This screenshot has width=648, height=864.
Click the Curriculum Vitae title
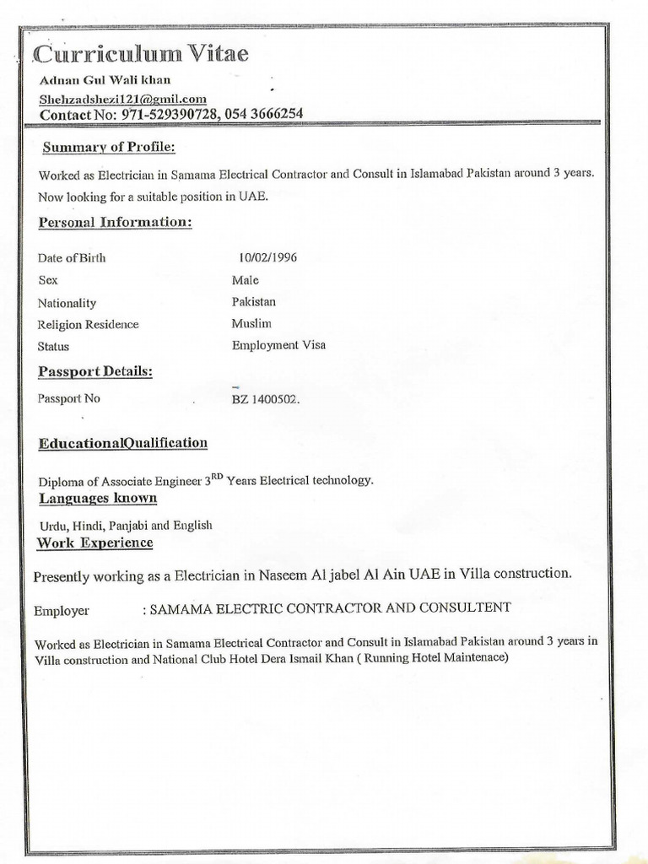click(142, 55)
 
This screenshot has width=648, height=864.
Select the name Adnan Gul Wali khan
click(105, 80)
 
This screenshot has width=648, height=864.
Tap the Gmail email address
click(122, 99)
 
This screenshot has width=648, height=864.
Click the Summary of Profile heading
click(109, 148)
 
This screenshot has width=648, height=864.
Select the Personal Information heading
click(115, 223)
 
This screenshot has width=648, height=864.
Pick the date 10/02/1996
click(268, 257)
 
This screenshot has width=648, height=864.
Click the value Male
click(246, 280)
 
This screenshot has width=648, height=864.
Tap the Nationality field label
click(67, 303)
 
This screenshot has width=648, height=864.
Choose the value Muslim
click(251, 323)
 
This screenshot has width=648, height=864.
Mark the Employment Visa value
click(278, 345)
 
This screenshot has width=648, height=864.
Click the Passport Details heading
click(95, 371)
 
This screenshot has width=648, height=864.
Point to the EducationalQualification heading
click(122, 443)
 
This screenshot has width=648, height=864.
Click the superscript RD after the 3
click(217, 476)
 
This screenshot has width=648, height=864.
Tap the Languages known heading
click(98, 498)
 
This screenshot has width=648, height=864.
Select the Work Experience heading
click(94, 543)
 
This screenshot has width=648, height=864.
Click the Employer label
click(62, 610)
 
